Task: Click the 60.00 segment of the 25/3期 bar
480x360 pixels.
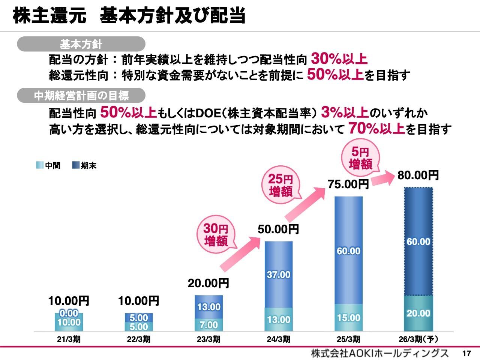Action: (x=348, y=250)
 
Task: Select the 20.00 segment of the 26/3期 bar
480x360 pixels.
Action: (x=418, y=313)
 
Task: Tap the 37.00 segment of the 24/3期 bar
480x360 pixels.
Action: (x=279, y=274)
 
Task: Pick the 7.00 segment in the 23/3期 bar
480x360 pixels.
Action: (x=208, y=325)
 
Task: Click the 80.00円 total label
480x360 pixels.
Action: (x=418, y=175)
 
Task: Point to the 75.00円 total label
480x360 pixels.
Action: (x=348, y=184)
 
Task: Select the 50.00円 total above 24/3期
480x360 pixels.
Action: (x=278, y=229)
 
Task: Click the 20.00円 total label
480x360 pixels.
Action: (x=208, y=283)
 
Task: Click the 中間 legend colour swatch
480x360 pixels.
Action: (x=40, y=165)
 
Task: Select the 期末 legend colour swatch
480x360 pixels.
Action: (x=76, y=165)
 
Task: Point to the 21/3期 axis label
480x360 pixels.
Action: (x=69, y=339)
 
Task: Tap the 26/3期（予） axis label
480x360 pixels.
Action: (x=418, y=339)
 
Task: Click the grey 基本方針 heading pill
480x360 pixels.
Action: (x=81, y=44)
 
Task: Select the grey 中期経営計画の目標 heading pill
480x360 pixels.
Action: (x=81, y=96)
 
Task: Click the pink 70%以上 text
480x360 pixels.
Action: (x=376, y=129)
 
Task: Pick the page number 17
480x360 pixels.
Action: (x=466, y=353)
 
